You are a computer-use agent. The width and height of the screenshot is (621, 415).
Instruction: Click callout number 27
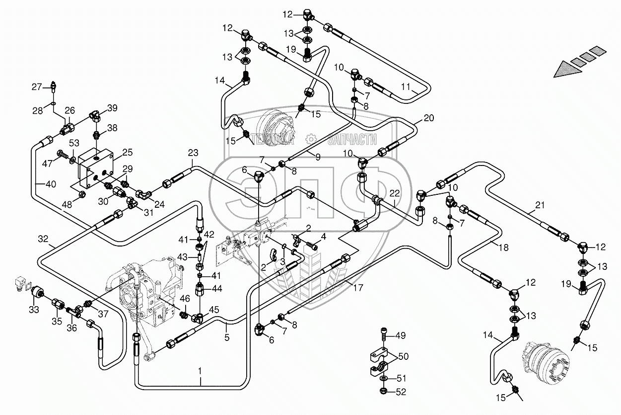[x=37, y=87]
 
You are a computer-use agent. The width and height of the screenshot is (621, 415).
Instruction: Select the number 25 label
[x=128, y=152]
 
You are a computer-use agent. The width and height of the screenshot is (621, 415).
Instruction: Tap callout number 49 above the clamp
[x=401, y=335]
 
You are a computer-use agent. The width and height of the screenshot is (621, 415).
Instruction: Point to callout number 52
[x=401, y=392]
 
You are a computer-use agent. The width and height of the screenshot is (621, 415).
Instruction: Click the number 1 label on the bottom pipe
[x=201, y=370]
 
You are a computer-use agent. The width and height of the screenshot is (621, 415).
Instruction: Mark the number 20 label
[x=429, y=118]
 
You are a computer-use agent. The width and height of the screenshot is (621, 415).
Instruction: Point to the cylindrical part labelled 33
[x=37, y=295]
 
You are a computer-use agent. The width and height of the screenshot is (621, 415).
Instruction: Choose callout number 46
[x=184, y=299]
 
